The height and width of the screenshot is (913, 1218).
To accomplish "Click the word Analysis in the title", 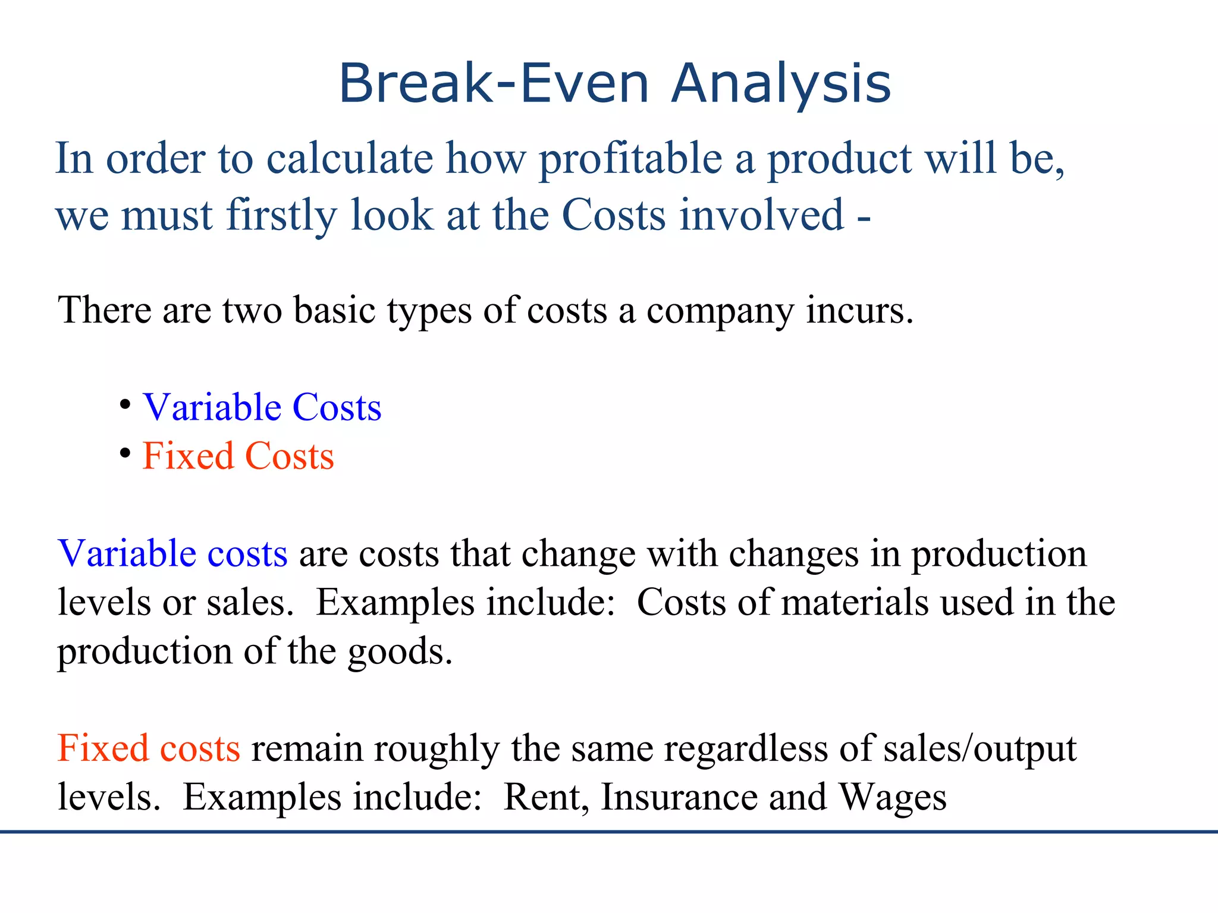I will [x=781, y=84].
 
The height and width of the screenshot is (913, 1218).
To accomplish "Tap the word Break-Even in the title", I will [x=493, y=84].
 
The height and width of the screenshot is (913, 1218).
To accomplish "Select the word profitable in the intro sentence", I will [x=630, y=159].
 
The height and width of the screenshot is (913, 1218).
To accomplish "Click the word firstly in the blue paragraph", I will [x=281, y=215].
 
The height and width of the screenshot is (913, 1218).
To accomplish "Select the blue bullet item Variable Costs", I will [x=262, y=408].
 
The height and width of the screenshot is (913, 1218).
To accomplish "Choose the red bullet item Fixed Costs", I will [x=238, y=456].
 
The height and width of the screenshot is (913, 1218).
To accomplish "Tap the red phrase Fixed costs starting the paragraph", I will [x=149, y=748].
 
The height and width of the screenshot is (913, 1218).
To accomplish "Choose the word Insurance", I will [x=679, y=797].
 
